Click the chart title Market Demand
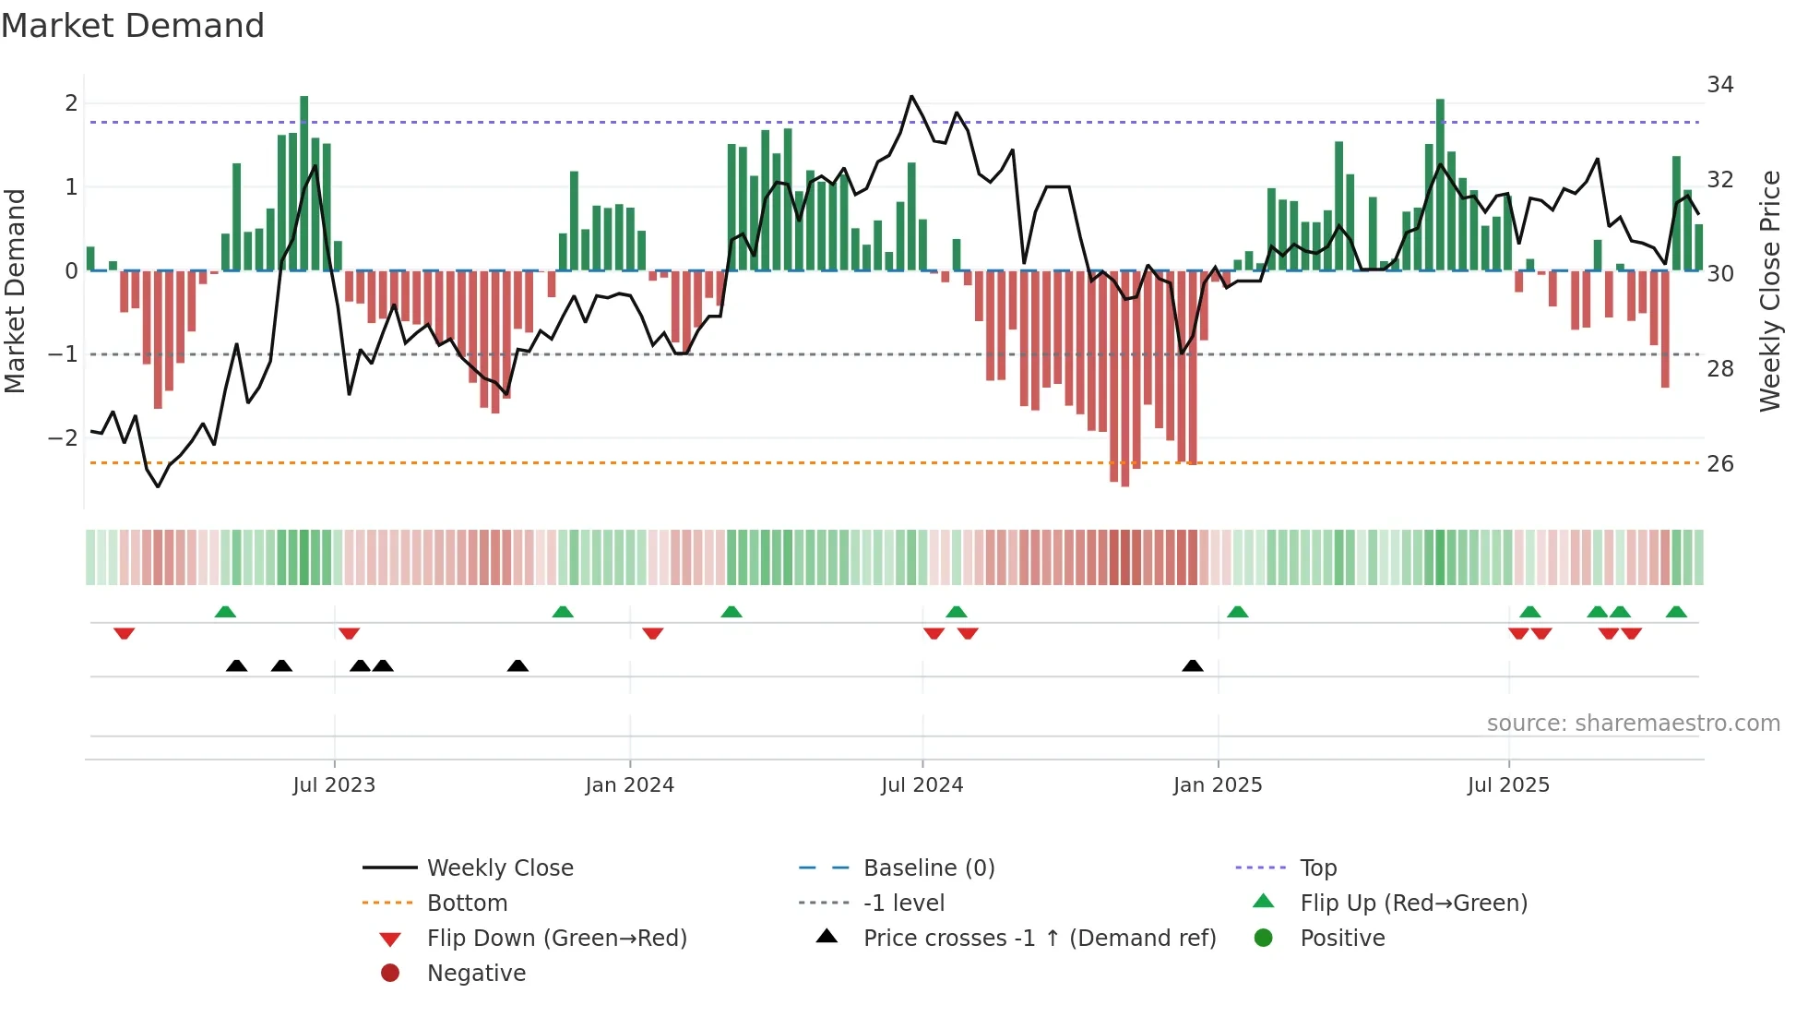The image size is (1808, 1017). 133,26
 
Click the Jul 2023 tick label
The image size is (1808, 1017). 334,785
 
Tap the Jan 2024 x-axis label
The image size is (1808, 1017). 629,785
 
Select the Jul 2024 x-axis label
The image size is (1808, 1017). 922,785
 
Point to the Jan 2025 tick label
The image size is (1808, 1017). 1218,785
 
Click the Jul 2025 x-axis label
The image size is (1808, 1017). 1508,785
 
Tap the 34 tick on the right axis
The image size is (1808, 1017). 1719,85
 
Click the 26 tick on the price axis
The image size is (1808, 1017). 1719,463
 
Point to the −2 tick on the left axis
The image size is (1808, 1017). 63,438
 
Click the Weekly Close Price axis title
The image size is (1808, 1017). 1769,291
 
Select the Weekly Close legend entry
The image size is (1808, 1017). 499,868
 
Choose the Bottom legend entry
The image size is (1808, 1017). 467,903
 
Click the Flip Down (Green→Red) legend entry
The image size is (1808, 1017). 556,939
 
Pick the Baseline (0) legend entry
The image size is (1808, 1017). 928,868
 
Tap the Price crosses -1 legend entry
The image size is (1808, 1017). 1039,939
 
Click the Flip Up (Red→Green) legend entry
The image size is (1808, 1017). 1413,903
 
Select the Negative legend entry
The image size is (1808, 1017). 476,974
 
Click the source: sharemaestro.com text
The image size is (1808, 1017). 1633,724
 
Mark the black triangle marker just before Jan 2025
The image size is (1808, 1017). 1193,666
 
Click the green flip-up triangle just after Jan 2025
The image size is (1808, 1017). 1238,612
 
